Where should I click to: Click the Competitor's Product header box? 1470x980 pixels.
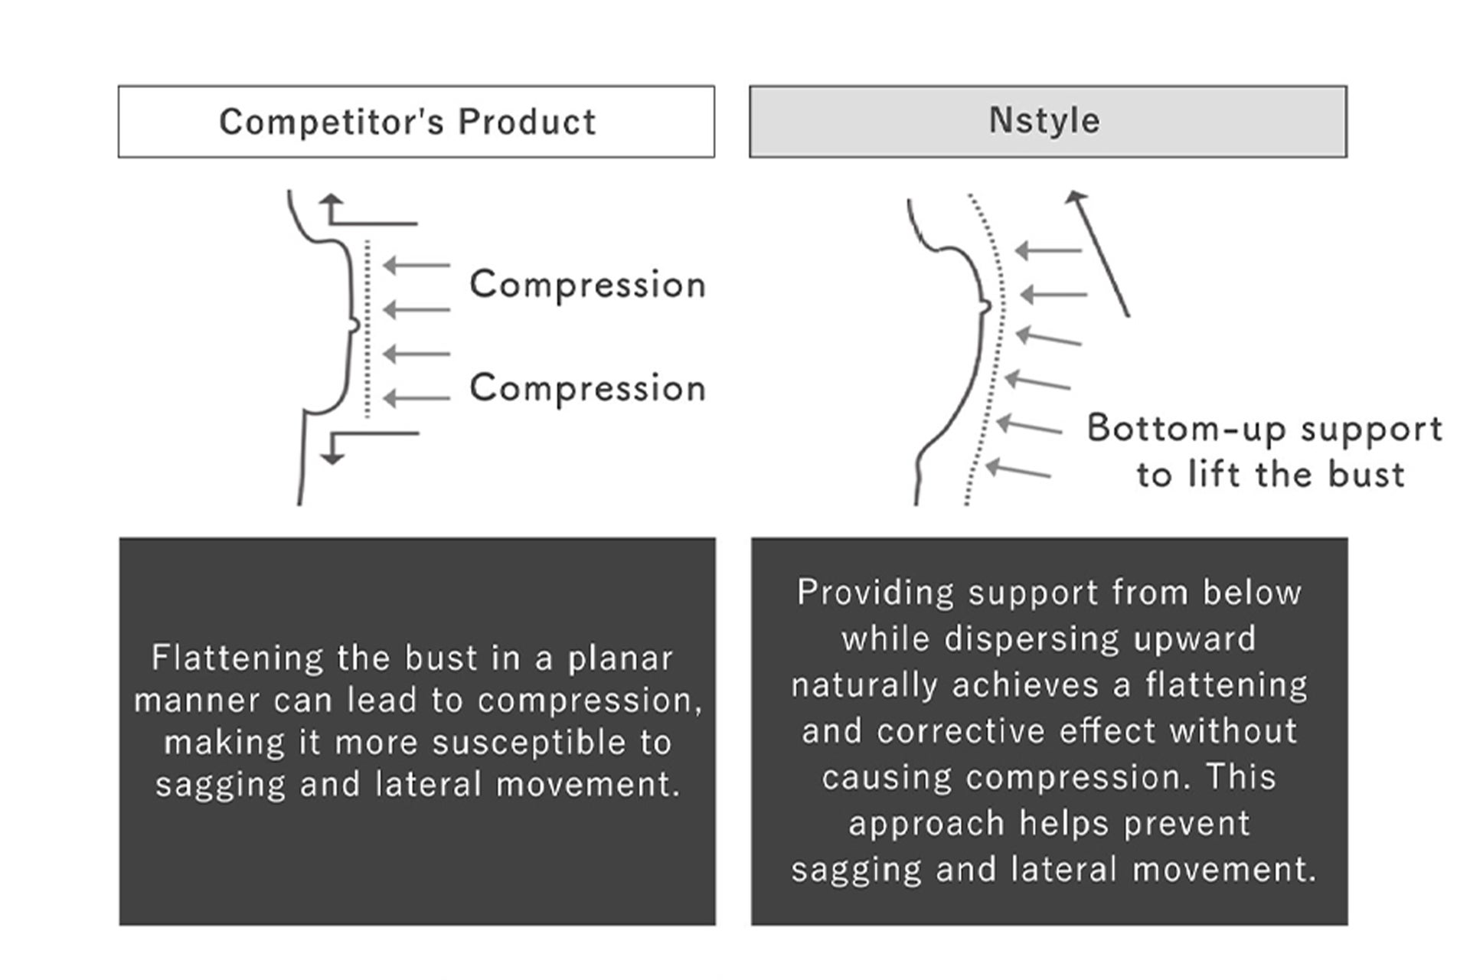click(416, 122)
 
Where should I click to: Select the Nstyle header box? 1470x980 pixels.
click(1047, 122)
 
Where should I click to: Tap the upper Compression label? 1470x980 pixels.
click(587, 285)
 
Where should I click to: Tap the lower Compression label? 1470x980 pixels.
click(587, 388)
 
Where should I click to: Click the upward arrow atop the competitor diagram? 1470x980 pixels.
click(332, 209)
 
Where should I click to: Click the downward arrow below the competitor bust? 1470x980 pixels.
click(332, 448)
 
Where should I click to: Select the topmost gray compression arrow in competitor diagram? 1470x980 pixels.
click(416, 266)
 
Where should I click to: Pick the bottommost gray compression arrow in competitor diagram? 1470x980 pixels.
click(416, 398)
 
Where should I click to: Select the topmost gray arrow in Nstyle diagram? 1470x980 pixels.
click(1048, 250)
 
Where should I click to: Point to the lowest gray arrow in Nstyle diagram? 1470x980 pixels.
click(1018, 469)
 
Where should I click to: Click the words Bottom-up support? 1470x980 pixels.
click(1264, 429)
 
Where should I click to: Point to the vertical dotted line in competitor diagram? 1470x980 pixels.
click(367, 329)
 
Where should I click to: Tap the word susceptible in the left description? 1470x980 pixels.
click(529, 743)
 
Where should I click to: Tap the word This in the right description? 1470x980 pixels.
click(1241, 777)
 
